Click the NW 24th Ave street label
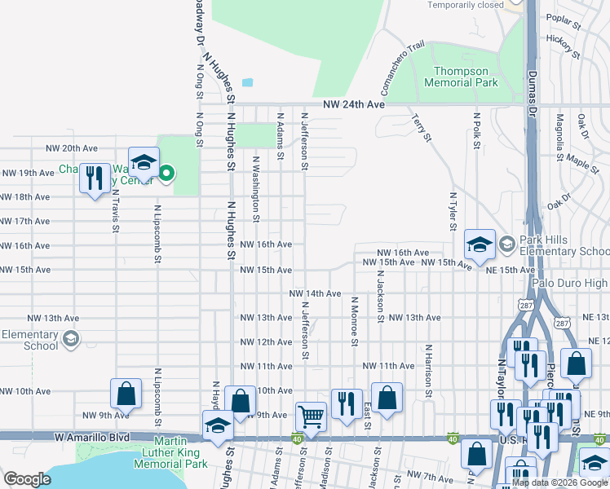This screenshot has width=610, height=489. point(353,105)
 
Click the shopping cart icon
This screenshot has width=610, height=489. point(311,416)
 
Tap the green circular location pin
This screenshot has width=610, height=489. point(168,173)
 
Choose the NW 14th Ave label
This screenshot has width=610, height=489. point(314,293)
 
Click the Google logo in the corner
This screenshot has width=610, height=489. point(27,479)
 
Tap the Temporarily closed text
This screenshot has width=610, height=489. point(466,5)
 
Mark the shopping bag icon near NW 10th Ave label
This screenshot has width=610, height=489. point(127,394)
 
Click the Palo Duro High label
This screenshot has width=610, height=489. point(571,283)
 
